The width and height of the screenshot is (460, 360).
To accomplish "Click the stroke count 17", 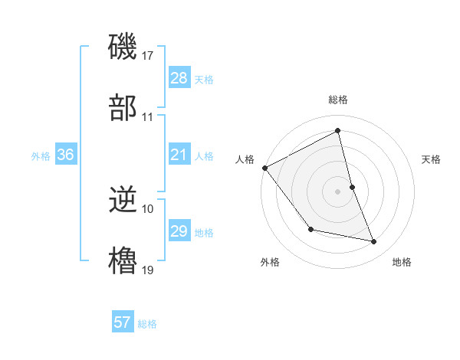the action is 149,56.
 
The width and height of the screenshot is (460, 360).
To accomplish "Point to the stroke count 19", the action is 149,270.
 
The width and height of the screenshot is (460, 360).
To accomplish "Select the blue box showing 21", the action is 179,155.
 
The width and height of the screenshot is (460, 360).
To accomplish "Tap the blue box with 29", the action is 179,232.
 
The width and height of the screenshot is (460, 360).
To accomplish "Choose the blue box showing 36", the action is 66,155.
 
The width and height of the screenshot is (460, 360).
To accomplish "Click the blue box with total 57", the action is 123,322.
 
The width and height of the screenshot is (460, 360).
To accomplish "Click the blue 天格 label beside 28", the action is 204,80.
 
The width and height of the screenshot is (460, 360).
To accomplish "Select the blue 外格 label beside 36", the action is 41,156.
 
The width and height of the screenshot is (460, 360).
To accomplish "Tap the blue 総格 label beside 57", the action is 147,324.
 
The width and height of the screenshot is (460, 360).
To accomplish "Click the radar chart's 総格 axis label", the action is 338,100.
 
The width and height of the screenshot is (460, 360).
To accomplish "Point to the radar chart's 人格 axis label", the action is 245,159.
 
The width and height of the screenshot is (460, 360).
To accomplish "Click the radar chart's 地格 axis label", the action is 402,262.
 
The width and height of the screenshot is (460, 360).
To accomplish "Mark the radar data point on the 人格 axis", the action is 265,168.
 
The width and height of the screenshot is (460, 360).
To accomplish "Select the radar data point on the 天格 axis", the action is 352,187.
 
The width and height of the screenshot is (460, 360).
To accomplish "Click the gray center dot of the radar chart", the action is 338,191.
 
